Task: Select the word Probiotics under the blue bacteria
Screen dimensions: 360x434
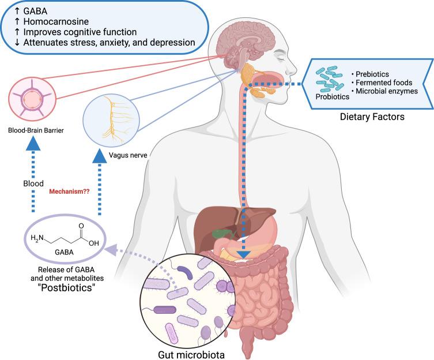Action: [333, 96]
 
